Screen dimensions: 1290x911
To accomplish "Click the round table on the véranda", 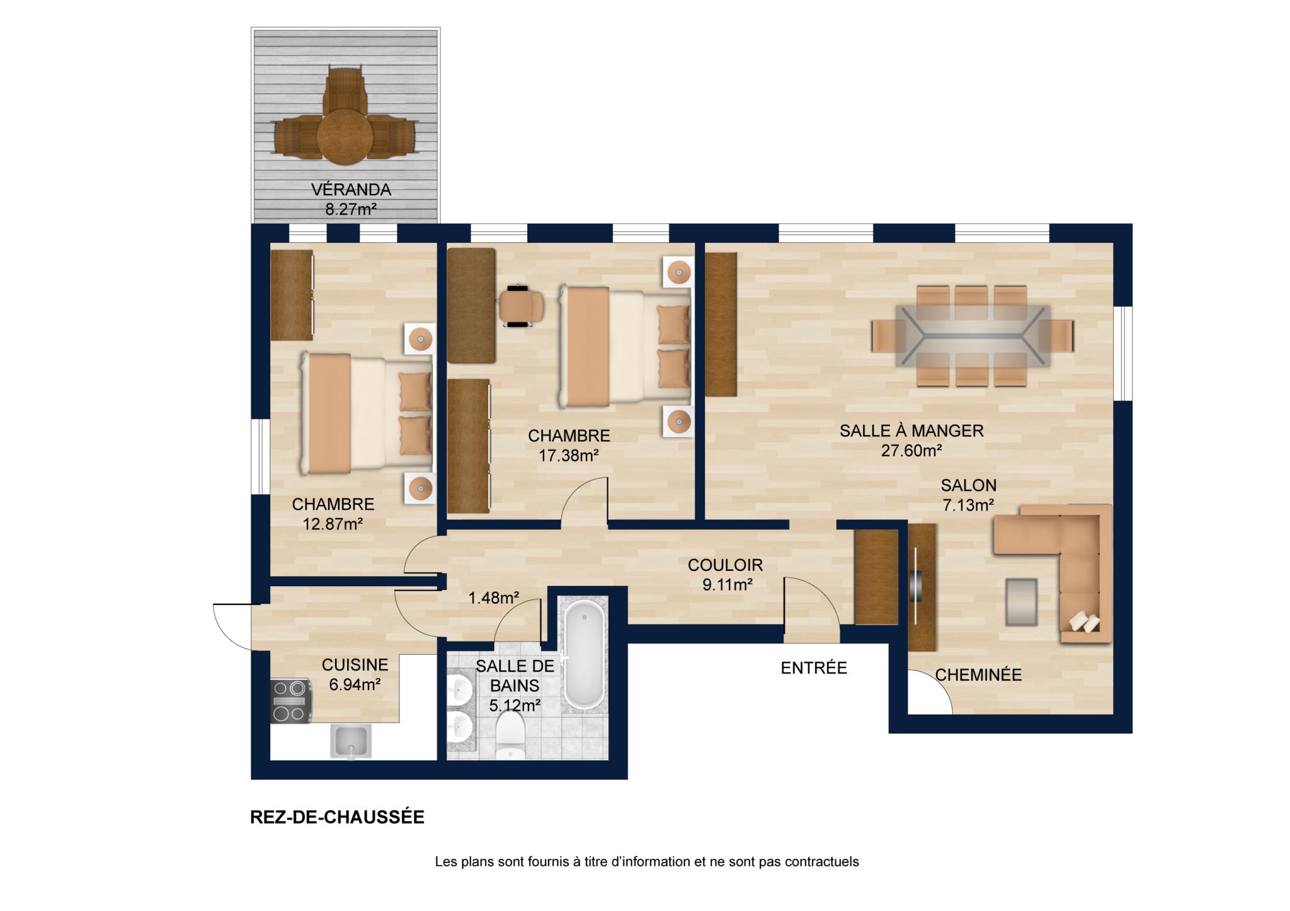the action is coord(345,137).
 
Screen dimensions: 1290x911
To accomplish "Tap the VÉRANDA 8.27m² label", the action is coord(351,199).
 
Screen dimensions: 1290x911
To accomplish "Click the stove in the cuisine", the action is coord(291,701).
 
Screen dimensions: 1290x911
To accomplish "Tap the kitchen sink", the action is coord(351,741).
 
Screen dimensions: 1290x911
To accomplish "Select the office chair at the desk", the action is coord(520,306).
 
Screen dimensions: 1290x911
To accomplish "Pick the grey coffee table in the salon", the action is coord(1021,602).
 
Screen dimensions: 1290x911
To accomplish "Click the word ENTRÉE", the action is coord(814,668).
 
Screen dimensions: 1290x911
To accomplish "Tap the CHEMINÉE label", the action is coord(978,675).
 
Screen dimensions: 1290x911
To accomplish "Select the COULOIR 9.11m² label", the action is coord(726,574).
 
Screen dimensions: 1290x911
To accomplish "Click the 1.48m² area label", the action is coord(494,597).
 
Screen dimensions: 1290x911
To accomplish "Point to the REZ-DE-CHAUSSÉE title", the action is coord(338,817).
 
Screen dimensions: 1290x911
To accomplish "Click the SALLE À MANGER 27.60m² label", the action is coord(911,441).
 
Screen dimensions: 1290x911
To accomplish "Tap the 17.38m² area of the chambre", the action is coord(568,455).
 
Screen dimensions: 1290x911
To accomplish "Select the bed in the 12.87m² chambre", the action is coord(366,412).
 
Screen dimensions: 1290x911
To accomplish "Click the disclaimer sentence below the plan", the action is coord(647,862).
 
